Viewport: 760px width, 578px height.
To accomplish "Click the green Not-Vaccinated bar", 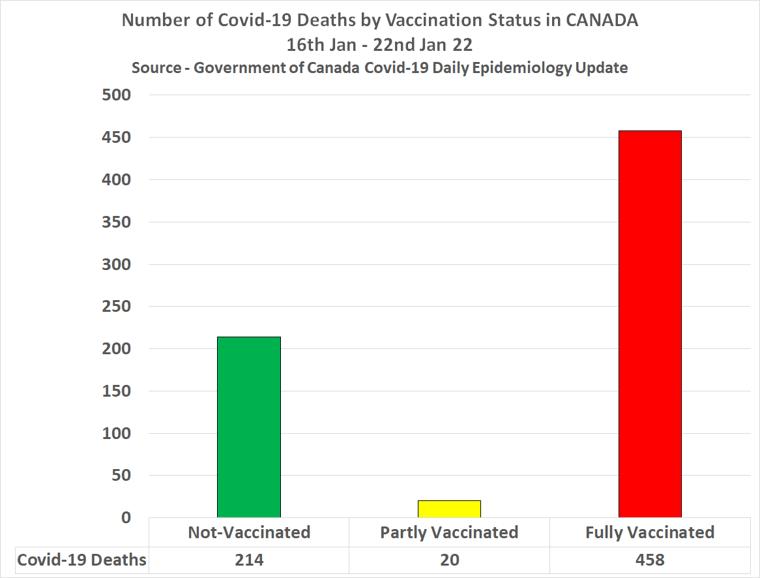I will click(249, 427).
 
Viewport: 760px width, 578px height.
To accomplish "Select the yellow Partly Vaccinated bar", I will click(449, 509).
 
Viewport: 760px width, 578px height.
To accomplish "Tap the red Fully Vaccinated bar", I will click(650, 324).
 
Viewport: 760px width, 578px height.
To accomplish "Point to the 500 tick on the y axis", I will click(117, 95).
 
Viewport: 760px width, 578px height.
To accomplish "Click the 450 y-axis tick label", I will click(117, 138).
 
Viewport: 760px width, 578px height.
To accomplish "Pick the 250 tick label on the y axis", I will click(117, 307).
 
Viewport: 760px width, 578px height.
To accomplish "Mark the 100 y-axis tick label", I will click(117, 433).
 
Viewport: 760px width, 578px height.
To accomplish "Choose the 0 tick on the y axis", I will click(126, 518).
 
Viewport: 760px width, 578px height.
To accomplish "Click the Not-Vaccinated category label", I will click(249, 532).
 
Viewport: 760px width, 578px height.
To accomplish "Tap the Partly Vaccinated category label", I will click(449, 532).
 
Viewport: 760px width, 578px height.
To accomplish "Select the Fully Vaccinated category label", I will click(650, 532).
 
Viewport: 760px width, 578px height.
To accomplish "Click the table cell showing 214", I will click(249, 560).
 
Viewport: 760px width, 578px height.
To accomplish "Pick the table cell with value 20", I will click(449, 560).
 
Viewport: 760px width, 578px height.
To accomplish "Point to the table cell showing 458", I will click(650, 560).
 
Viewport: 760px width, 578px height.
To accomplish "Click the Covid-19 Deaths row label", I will click(81, 560).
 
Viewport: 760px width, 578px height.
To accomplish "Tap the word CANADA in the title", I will click(602, 20).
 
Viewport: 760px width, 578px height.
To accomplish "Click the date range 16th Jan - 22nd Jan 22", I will click(379, 45).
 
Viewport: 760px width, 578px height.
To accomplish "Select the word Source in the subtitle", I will click(156, 68).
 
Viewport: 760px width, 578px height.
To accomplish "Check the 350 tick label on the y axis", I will click(117, 222).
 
